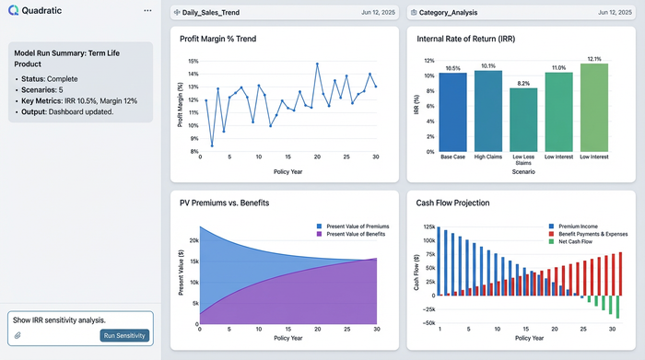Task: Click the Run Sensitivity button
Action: (123, 335)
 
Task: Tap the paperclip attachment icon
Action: (17, 335)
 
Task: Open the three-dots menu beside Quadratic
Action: (148, 10)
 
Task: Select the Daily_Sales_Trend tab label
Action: (212, 13)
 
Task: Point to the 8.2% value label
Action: (522, 83)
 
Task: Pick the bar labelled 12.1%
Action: (594, 108)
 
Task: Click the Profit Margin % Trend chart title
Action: (219, 40)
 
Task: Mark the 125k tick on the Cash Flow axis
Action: (428, 226)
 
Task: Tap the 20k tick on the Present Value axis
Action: (192, 239)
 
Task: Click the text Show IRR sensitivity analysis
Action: (59, 319)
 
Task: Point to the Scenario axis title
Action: (522, 171)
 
